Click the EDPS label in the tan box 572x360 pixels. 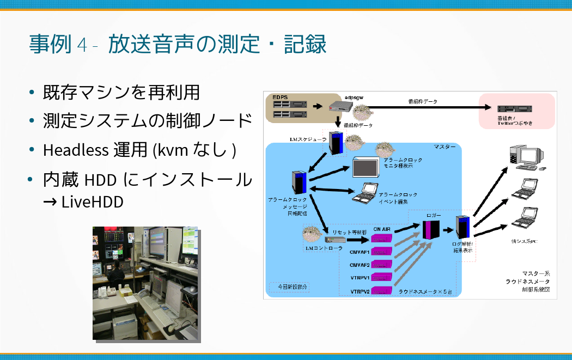click(280, 97)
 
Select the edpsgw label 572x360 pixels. click(354, 96)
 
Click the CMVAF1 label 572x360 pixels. click(360, 252)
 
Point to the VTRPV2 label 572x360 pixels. click(360, 291)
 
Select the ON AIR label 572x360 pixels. click(381, 229)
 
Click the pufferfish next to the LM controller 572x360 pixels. click(314, 234)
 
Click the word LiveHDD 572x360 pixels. click(92, 202)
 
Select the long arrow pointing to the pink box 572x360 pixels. click(425, 107)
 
